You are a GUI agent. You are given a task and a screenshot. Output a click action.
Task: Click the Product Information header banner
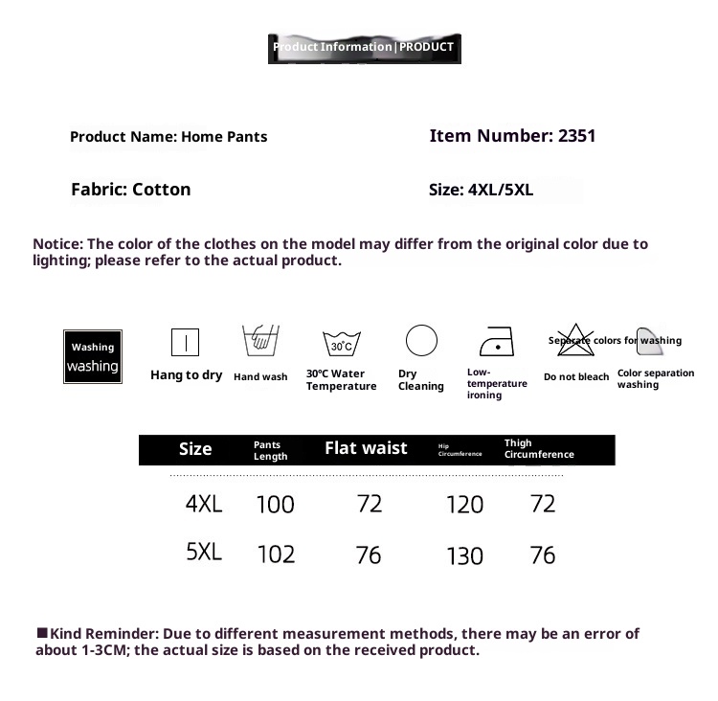click(364, 47)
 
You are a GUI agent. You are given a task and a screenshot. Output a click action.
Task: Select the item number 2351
click(576, 136)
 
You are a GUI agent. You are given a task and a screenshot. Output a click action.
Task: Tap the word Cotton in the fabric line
click(162, 190)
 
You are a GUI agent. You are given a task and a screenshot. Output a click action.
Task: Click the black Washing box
click(93, 356)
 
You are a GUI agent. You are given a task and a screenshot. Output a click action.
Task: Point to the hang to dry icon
click(185, 342)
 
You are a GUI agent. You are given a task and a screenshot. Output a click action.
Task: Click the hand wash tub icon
click(259, 341)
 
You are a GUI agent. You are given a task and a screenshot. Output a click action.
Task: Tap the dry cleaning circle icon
click(421, 341)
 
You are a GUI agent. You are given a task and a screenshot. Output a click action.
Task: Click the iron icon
click(496, 342)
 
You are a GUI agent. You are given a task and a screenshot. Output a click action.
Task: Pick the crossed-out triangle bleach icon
click(575, 342)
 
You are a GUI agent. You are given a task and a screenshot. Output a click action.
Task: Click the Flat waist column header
click(366, 448)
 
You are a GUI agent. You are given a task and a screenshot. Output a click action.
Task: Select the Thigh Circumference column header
click(538, 449)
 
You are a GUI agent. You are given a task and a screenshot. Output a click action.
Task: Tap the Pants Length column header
click(270, 450)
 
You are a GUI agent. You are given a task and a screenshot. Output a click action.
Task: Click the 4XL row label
click(204, 504)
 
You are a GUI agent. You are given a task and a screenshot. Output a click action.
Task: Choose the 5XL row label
click(204, 553)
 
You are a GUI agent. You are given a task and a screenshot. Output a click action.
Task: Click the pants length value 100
click(276, 505)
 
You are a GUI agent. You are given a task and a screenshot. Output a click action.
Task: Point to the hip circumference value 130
click(465, 556)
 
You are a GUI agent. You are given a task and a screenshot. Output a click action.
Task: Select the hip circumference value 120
click(465, 505)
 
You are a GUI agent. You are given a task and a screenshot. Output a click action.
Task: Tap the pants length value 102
click(276, 554)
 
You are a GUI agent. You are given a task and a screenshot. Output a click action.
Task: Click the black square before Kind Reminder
click(42, 633)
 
